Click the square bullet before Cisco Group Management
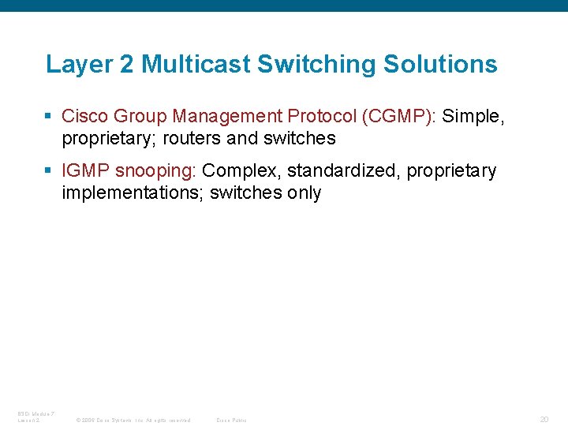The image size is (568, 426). coord(49,117)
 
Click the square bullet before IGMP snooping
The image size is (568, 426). coord(49,171)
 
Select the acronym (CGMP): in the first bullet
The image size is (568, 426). coord(400,117)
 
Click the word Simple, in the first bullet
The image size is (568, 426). coord(473,117)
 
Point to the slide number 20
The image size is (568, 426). coord(544,420)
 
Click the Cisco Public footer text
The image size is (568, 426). coord(231,420)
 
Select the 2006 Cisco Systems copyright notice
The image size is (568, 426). coord(133,420)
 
